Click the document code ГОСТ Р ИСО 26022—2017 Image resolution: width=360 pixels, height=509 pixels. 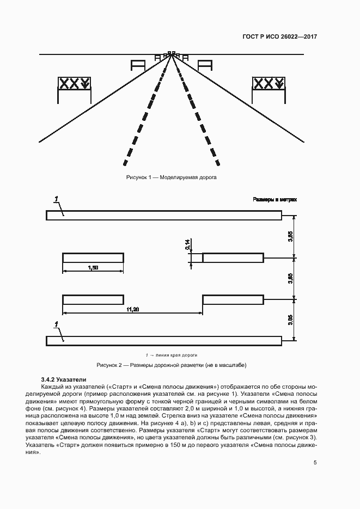[x=279, y=37]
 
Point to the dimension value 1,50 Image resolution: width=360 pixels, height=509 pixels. [x=93, y=267]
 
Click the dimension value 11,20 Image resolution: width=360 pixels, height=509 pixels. [x=133, y=309]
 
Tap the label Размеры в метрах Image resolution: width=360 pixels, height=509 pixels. [x=275, y=200]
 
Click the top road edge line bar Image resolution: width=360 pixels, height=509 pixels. [x=163, y=216]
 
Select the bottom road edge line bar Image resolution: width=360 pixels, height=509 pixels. [x=163, y=340]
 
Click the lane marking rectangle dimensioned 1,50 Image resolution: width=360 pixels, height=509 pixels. [x=93, y=257]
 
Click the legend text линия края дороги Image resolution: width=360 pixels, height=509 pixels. [x=178, y=354]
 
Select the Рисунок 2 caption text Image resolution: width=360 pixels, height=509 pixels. [x=175, y=365]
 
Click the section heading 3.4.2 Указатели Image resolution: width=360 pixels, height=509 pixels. [x=63, y=379]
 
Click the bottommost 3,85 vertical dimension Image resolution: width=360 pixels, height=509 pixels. [x=291, y=320]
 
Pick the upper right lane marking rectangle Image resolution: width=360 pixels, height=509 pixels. [x=233, y=257]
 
